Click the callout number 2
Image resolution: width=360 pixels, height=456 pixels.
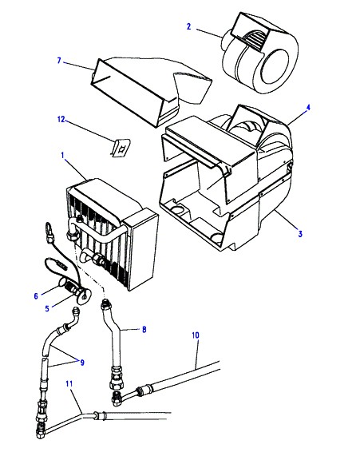[188, 27]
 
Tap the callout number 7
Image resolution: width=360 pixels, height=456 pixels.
[59, 61]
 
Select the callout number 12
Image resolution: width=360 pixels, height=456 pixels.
[61, 119]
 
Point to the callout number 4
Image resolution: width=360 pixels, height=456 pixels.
[308, 108]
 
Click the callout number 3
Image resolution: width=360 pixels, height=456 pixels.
[300, 233]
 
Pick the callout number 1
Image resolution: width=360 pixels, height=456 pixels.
[62, 155]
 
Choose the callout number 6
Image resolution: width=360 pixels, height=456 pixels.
[36, 296]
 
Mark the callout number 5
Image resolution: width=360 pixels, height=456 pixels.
[47, 308]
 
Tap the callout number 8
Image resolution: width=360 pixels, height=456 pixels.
[144, 330]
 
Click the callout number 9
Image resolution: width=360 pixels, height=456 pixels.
[82, 363]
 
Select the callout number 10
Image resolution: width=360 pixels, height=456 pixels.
[196, 335]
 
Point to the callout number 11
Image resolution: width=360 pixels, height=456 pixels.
[69, 384]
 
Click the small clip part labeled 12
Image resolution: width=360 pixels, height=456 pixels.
[121, 148]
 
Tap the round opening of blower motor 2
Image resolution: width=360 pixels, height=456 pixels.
[275, 69]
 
